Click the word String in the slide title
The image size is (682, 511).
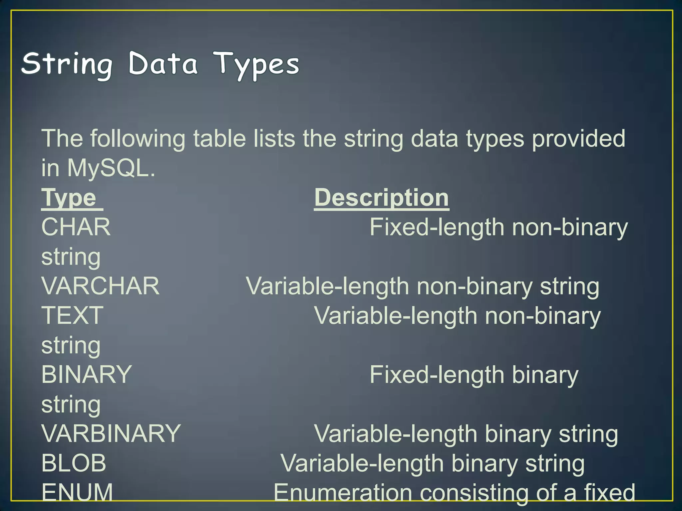click(x=67, y=64)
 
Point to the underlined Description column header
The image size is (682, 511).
click(x=382, y=198)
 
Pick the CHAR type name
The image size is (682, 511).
click(x=76, y=227)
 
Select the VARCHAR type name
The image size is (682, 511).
click(x=100, y=286)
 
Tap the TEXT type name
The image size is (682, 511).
click(x=72, y=315)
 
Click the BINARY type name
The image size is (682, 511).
click(x=87, y=375)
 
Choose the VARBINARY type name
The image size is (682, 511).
click(x=111, y=433)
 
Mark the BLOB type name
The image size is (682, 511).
click(x=74, y=463)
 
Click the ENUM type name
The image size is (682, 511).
click(x=77, y=492)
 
